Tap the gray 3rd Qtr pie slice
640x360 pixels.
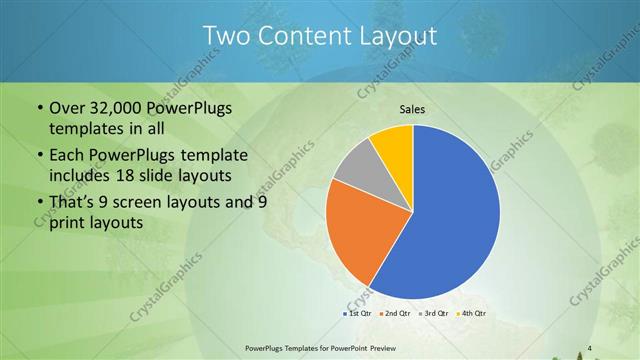[355, 165]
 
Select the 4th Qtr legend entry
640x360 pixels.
[470, 314]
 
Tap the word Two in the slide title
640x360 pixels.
[225, 36]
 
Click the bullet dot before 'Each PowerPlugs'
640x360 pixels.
[39, 155]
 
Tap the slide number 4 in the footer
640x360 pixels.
[590, 348]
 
